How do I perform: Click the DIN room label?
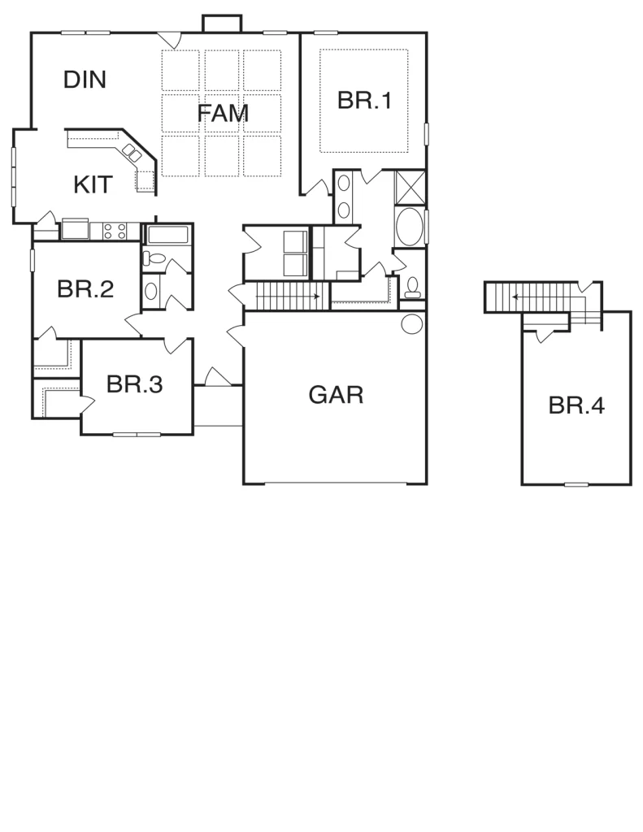tap(85, 80)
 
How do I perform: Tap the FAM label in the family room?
tap(223, 113)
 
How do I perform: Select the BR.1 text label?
tap(364, 100)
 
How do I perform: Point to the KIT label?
tap(93, 184)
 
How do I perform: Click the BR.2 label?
tap(85, 289)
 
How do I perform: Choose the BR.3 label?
tap(134, 384)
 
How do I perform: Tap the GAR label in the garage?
tap(336, 395)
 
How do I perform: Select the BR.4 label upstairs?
tap(576, 405)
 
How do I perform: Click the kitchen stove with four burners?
tap(115, 231)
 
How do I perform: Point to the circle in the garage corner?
tap(412, 323)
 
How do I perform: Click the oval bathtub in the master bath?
tap(410, 227)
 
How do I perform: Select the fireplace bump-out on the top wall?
tap(222, 24)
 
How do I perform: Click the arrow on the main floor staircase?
tap(287, 296)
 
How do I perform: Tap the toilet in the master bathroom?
tap(412, 287)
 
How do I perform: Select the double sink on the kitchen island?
tap(133, 153)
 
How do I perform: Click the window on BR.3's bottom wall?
tap(137, 435)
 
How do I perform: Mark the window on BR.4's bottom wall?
tap(576, 484)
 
